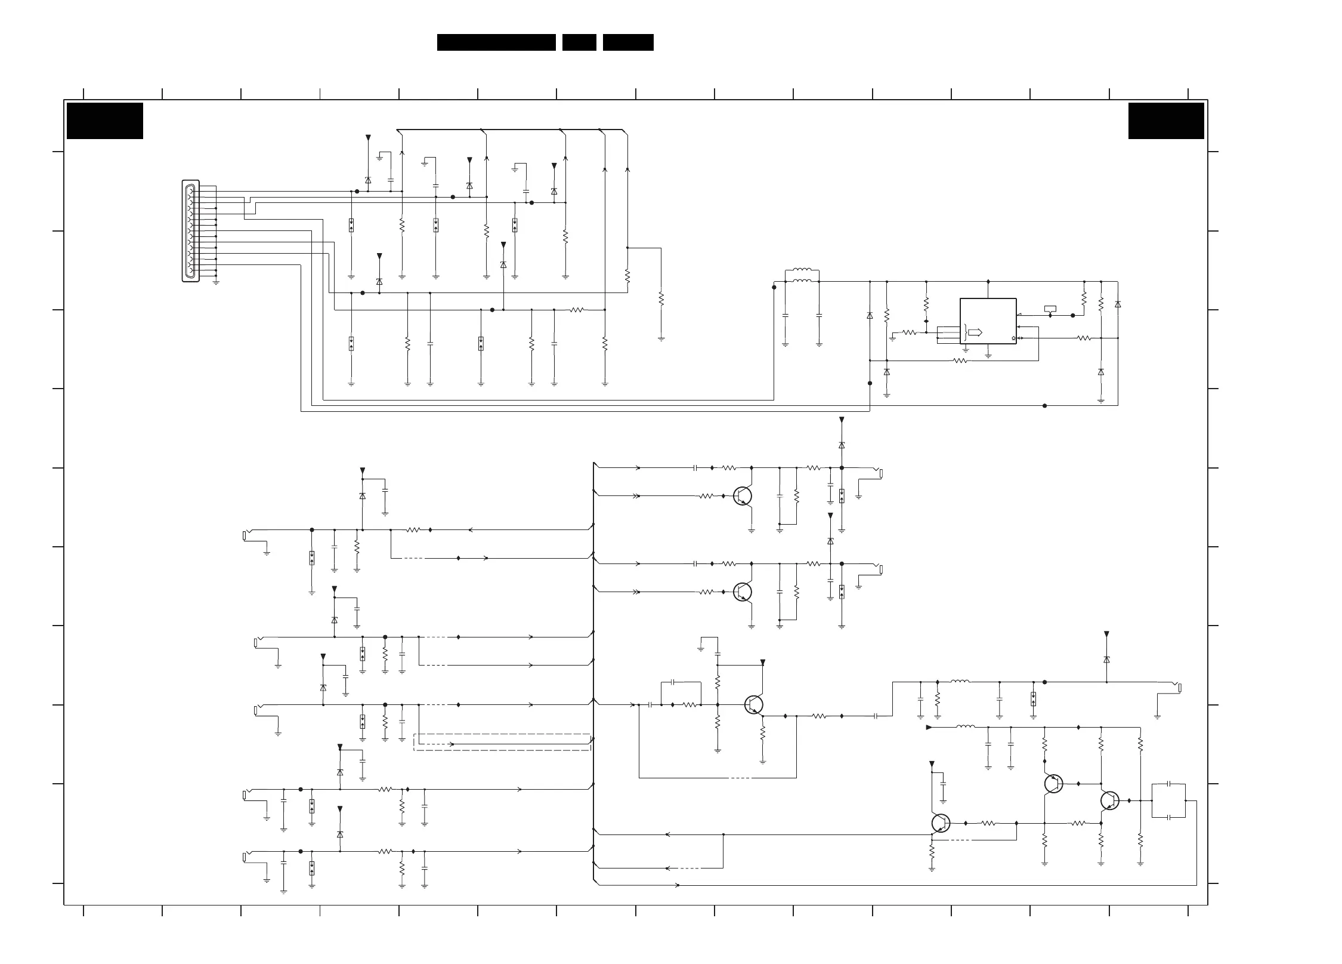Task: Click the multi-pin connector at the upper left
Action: pyautogui.click(x=190, y=231)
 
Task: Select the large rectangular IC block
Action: pyautogui.click(x=988, y=321)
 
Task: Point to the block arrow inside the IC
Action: pyautogui.click(x=975, y=332)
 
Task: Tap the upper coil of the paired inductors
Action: pyautogui.click(x=802, y=270)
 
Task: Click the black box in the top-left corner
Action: pyautogui.click(x=105, y=121)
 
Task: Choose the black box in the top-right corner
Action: pyautogui.click(x=1166, y=121)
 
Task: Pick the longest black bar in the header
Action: pyautogui.click(x=496, y=42)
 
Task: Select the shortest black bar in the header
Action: pyautogui.click(x=579, y=42)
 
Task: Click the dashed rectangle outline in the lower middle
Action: pyautogui.click(x=502, y=742)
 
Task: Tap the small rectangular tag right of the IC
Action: pyautogui.click(x=1050, y=309)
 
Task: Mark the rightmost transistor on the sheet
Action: pyautogui.click(x=1109, y=800)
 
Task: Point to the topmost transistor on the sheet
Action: pyautogui.click(x=742, y=495)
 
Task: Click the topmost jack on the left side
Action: pyautogui.click(x=246, y=535)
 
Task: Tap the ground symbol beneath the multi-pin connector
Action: pyautogui.click(x=216, y=282)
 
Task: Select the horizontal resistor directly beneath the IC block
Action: pyautogui.click(x=960, y=361)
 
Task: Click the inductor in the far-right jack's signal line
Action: pyautogui.click(x=960, y=681)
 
